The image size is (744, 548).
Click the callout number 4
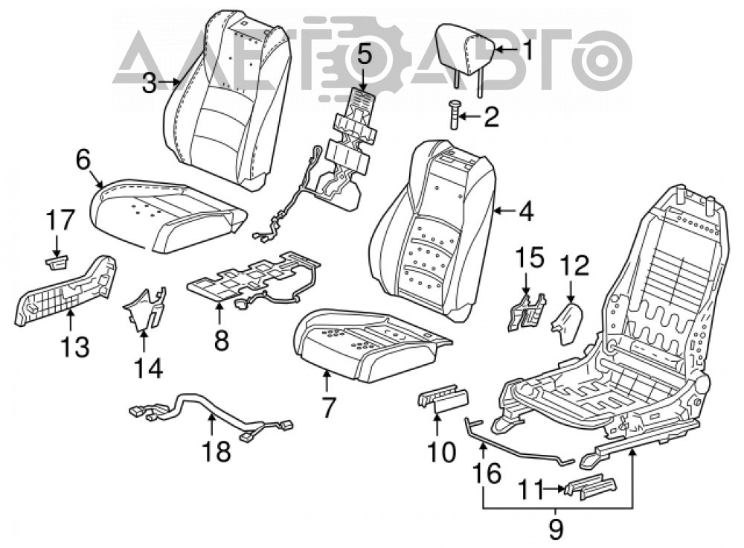[526, 211]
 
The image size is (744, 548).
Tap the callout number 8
[222, 340]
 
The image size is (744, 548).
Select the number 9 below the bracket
[556, 529]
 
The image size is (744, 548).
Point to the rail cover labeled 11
[590, 487]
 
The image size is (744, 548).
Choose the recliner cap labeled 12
[566, 322]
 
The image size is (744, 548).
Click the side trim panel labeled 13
[66, 291]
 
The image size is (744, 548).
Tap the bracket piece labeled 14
[145, 309]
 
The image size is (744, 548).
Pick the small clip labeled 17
[57, 262]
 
